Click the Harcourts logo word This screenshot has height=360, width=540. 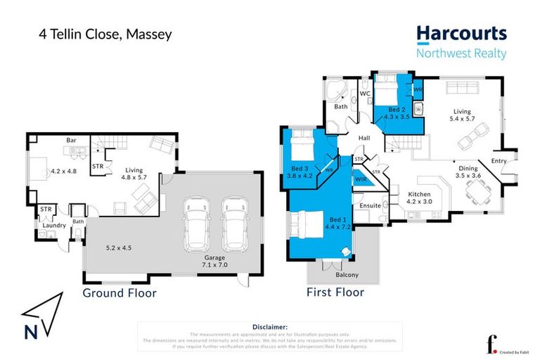[461, 34]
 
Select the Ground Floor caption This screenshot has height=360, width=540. [120, 292]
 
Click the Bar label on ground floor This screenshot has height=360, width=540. [71, 140]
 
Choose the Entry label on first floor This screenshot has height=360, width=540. [499, 162]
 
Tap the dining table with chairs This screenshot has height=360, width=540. [479, 189]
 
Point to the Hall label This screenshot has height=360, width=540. [364, 139]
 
